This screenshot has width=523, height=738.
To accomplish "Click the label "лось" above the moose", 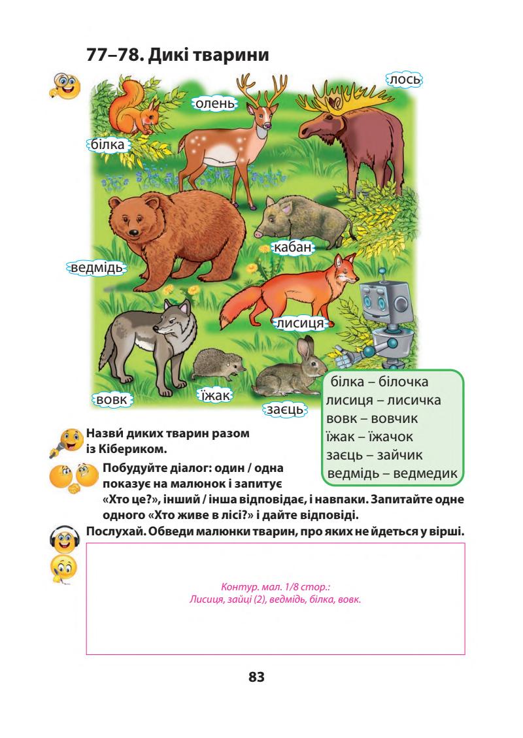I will (405, 80).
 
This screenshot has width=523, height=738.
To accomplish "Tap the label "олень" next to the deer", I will (214, 104).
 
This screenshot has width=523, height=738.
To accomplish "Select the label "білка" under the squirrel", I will (108, 144).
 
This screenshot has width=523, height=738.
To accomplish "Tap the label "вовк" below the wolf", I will (112, 398).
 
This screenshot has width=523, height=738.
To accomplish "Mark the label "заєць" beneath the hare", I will (284, 409).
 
